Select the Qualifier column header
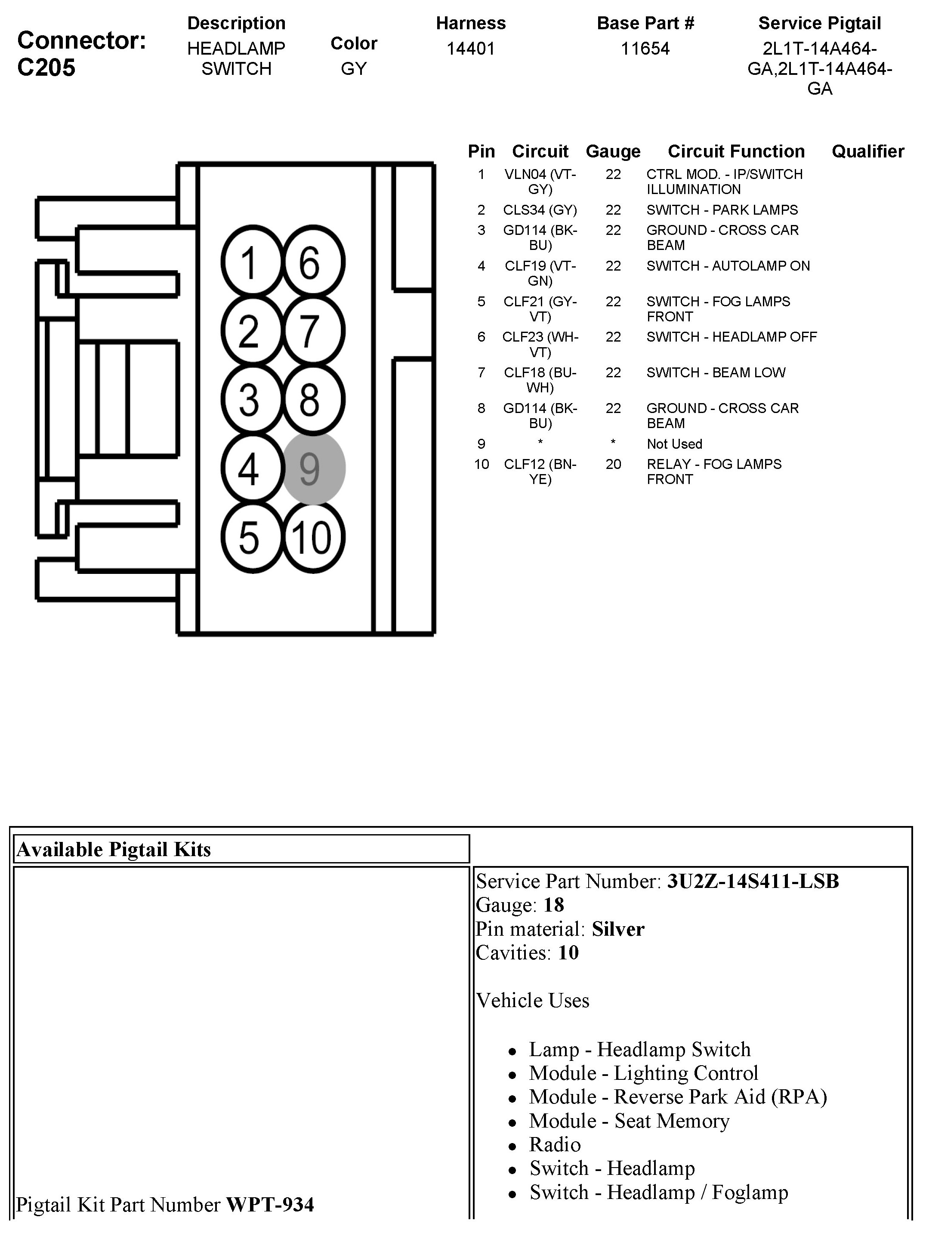pyautogui.click(x=867, y=151)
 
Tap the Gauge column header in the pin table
pyautogui.click(x=613, y=151)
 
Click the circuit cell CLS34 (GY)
pyautogui.click(x=540, y=210)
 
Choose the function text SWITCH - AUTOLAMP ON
pyautogui.click(x=728, y=266)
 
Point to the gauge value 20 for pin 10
pyautogui.click(x=613, y=464)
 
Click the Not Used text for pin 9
pyautogui.click(x=674, y=444)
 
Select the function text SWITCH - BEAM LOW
pyautogui.click(x=715, y=373)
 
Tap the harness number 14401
pyautogui.click(x=471, y=49)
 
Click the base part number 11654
pyautogui.click(x=645, y=49)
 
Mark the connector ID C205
pyautogui.click(x=46, y=68)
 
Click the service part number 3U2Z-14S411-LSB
pyautogui.click(x=752, y=881)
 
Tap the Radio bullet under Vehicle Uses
pyautogui.click(x=555, y=1144)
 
